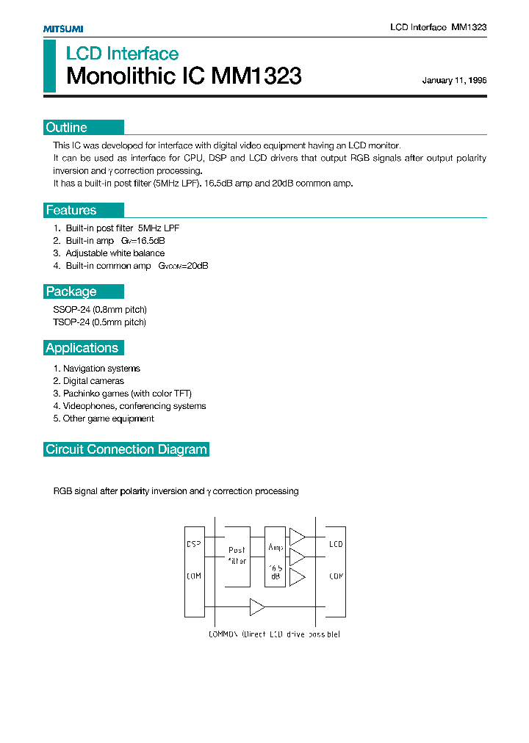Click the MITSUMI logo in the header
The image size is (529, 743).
point(63,29)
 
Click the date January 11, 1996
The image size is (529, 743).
point(454,81)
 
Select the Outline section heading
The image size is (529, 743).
point(66,128)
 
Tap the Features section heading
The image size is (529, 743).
point(71,211)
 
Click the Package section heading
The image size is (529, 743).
point(71,291)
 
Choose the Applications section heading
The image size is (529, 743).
point(82,348)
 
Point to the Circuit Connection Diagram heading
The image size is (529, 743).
point(126,449)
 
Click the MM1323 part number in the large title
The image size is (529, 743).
point(256,76)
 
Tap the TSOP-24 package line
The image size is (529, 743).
point(100,322)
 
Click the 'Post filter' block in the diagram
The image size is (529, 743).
point(237,556)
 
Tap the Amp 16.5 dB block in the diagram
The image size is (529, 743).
point(276,557)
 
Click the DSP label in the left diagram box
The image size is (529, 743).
point(194,545)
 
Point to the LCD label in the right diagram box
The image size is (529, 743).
point(336,545)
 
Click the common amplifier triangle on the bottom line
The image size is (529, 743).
point(257,607)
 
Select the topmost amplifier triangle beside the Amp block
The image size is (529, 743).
point(296,537)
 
